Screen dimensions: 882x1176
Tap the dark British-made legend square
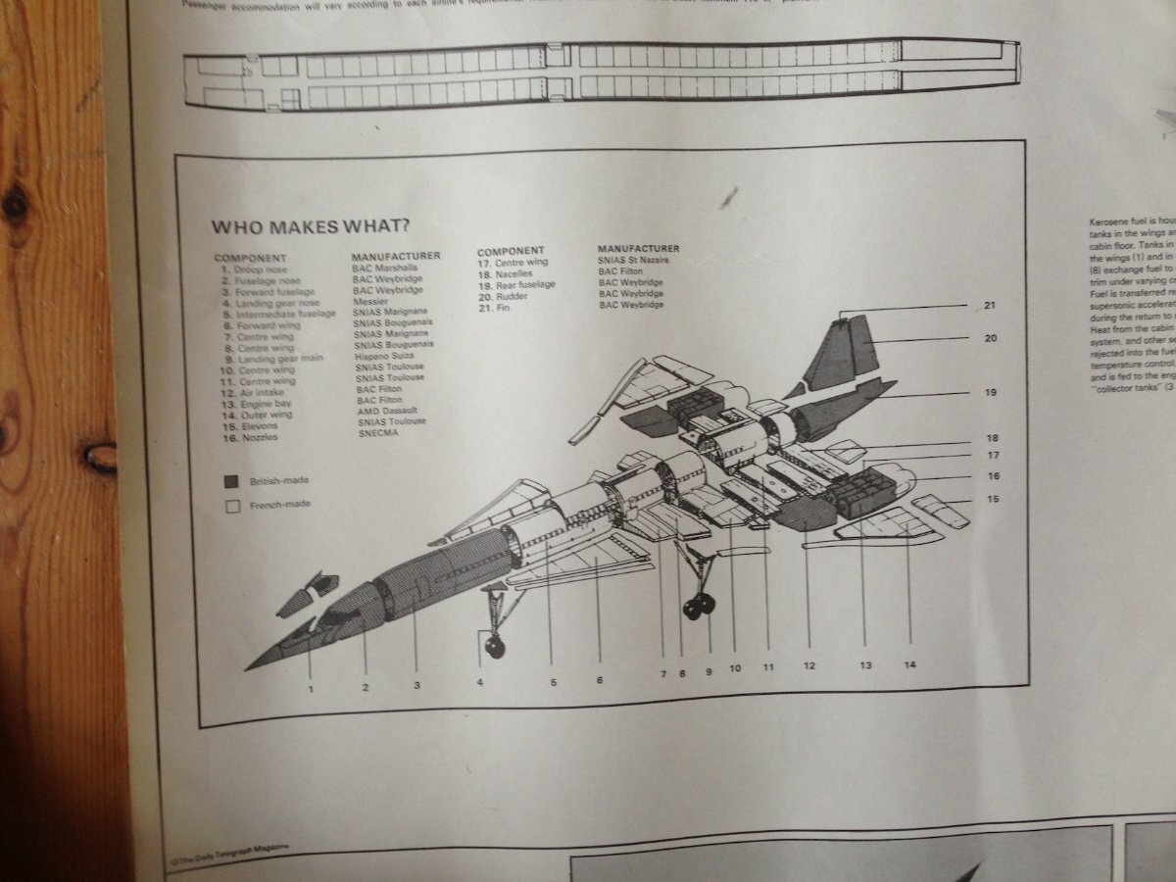pyautogui.click(x=231, y=482)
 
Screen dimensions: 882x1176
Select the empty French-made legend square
pyautogui.click(x=231, y=507)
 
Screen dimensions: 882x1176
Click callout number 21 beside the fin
pyautogui.click(x=990, y=306)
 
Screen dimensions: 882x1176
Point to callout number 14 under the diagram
pyautogui.click(x=909, y=665)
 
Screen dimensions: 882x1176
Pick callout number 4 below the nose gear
pyautogui.click(x=480, y=681)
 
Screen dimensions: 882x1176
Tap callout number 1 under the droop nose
pyautogui.click(x=311, y=688)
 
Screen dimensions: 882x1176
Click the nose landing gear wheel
pyautogui.click(x=493, y=644)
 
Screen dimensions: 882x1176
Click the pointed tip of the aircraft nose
pyautogui.click(x=249, y=667)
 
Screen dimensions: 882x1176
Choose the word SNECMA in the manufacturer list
pyautogui.click(x=377, y=432)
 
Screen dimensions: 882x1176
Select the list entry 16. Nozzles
pyautogui.click(x=250, y=438)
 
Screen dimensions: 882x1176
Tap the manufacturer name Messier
pyautogui.click(x=370, y=302)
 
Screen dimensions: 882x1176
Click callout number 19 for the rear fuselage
pyautogui.click(x=990, y=393)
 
